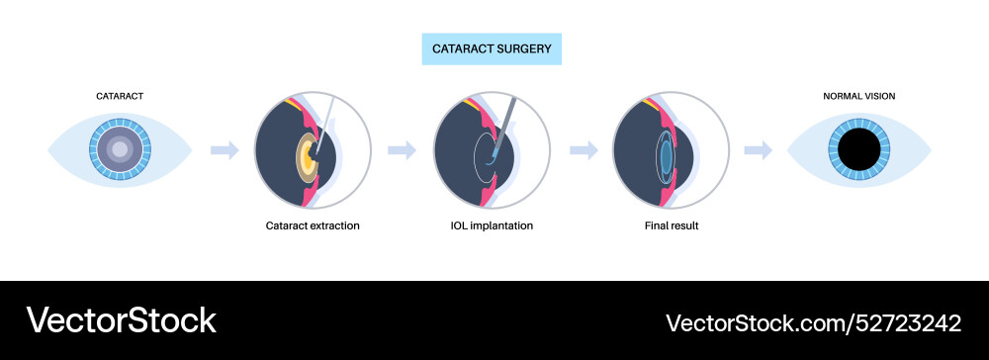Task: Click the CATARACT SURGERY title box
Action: pyautogui.click(x=493, y=46)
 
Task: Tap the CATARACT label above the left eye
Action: pyautogui.click(x=120, y=96)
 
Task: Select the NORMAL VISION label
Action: pyautogui.click(x=858, y=96)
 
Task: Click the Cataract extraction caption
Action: pyautogui.click(x=313, y=225)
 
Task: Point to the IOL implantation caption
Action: pyautogui.click(x=492, y=225)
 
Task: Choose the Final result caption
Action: pyautogui.click(x=672, y=225)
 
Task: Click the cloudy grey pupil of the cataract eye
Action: pyautogui.click(x=120, y=149)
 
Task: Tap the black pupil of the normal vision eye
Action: pyautogui.click(x=858, y=149)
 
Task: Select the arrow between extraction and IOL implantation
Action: pyautogui.click(x=402, y=149)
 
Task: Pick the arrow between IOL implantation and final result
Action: pyautogui.click(x=584, y=149)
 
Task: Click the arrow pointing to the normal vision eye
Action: pyautogui.click(x=758, y=149)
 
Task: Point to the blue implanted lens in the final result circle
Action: pyautogui.click(x=667, y=154)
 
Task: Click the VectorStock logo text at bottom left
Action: pyautogui.click(x=121, y=319)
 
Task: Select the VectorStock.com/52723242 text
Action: pyautogui.click(x=813, y=322)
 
